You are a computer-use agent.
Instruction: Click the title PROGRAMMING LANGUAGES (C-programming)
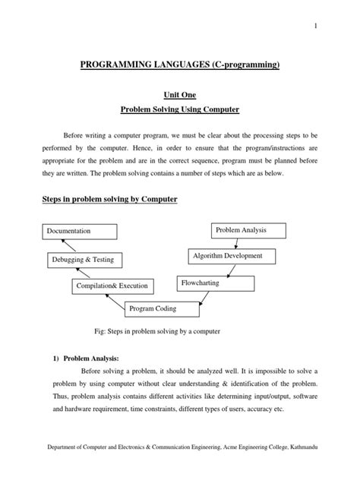click(180, 67)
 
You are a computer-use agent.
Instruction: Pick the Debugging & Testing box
click(84, 259)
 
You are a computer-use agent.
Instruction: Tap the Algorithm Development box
click(228, 257)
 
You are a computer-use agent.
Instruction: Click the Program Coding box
click(153, 308)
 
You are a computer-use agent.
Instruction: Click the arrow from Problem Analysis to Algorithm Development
click(237, 243)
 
